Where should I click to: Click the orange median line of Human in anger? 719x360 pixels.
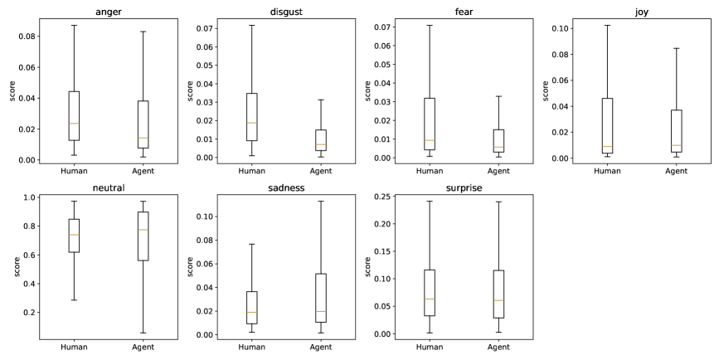pos(74,123)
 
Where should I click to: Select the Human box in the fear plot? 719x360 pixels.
pos(430,124)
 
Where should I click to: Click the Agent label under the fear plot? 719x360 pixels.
pos(498,171)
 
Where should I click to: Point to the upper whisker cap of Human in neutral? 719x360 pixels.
pos(74,201)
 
